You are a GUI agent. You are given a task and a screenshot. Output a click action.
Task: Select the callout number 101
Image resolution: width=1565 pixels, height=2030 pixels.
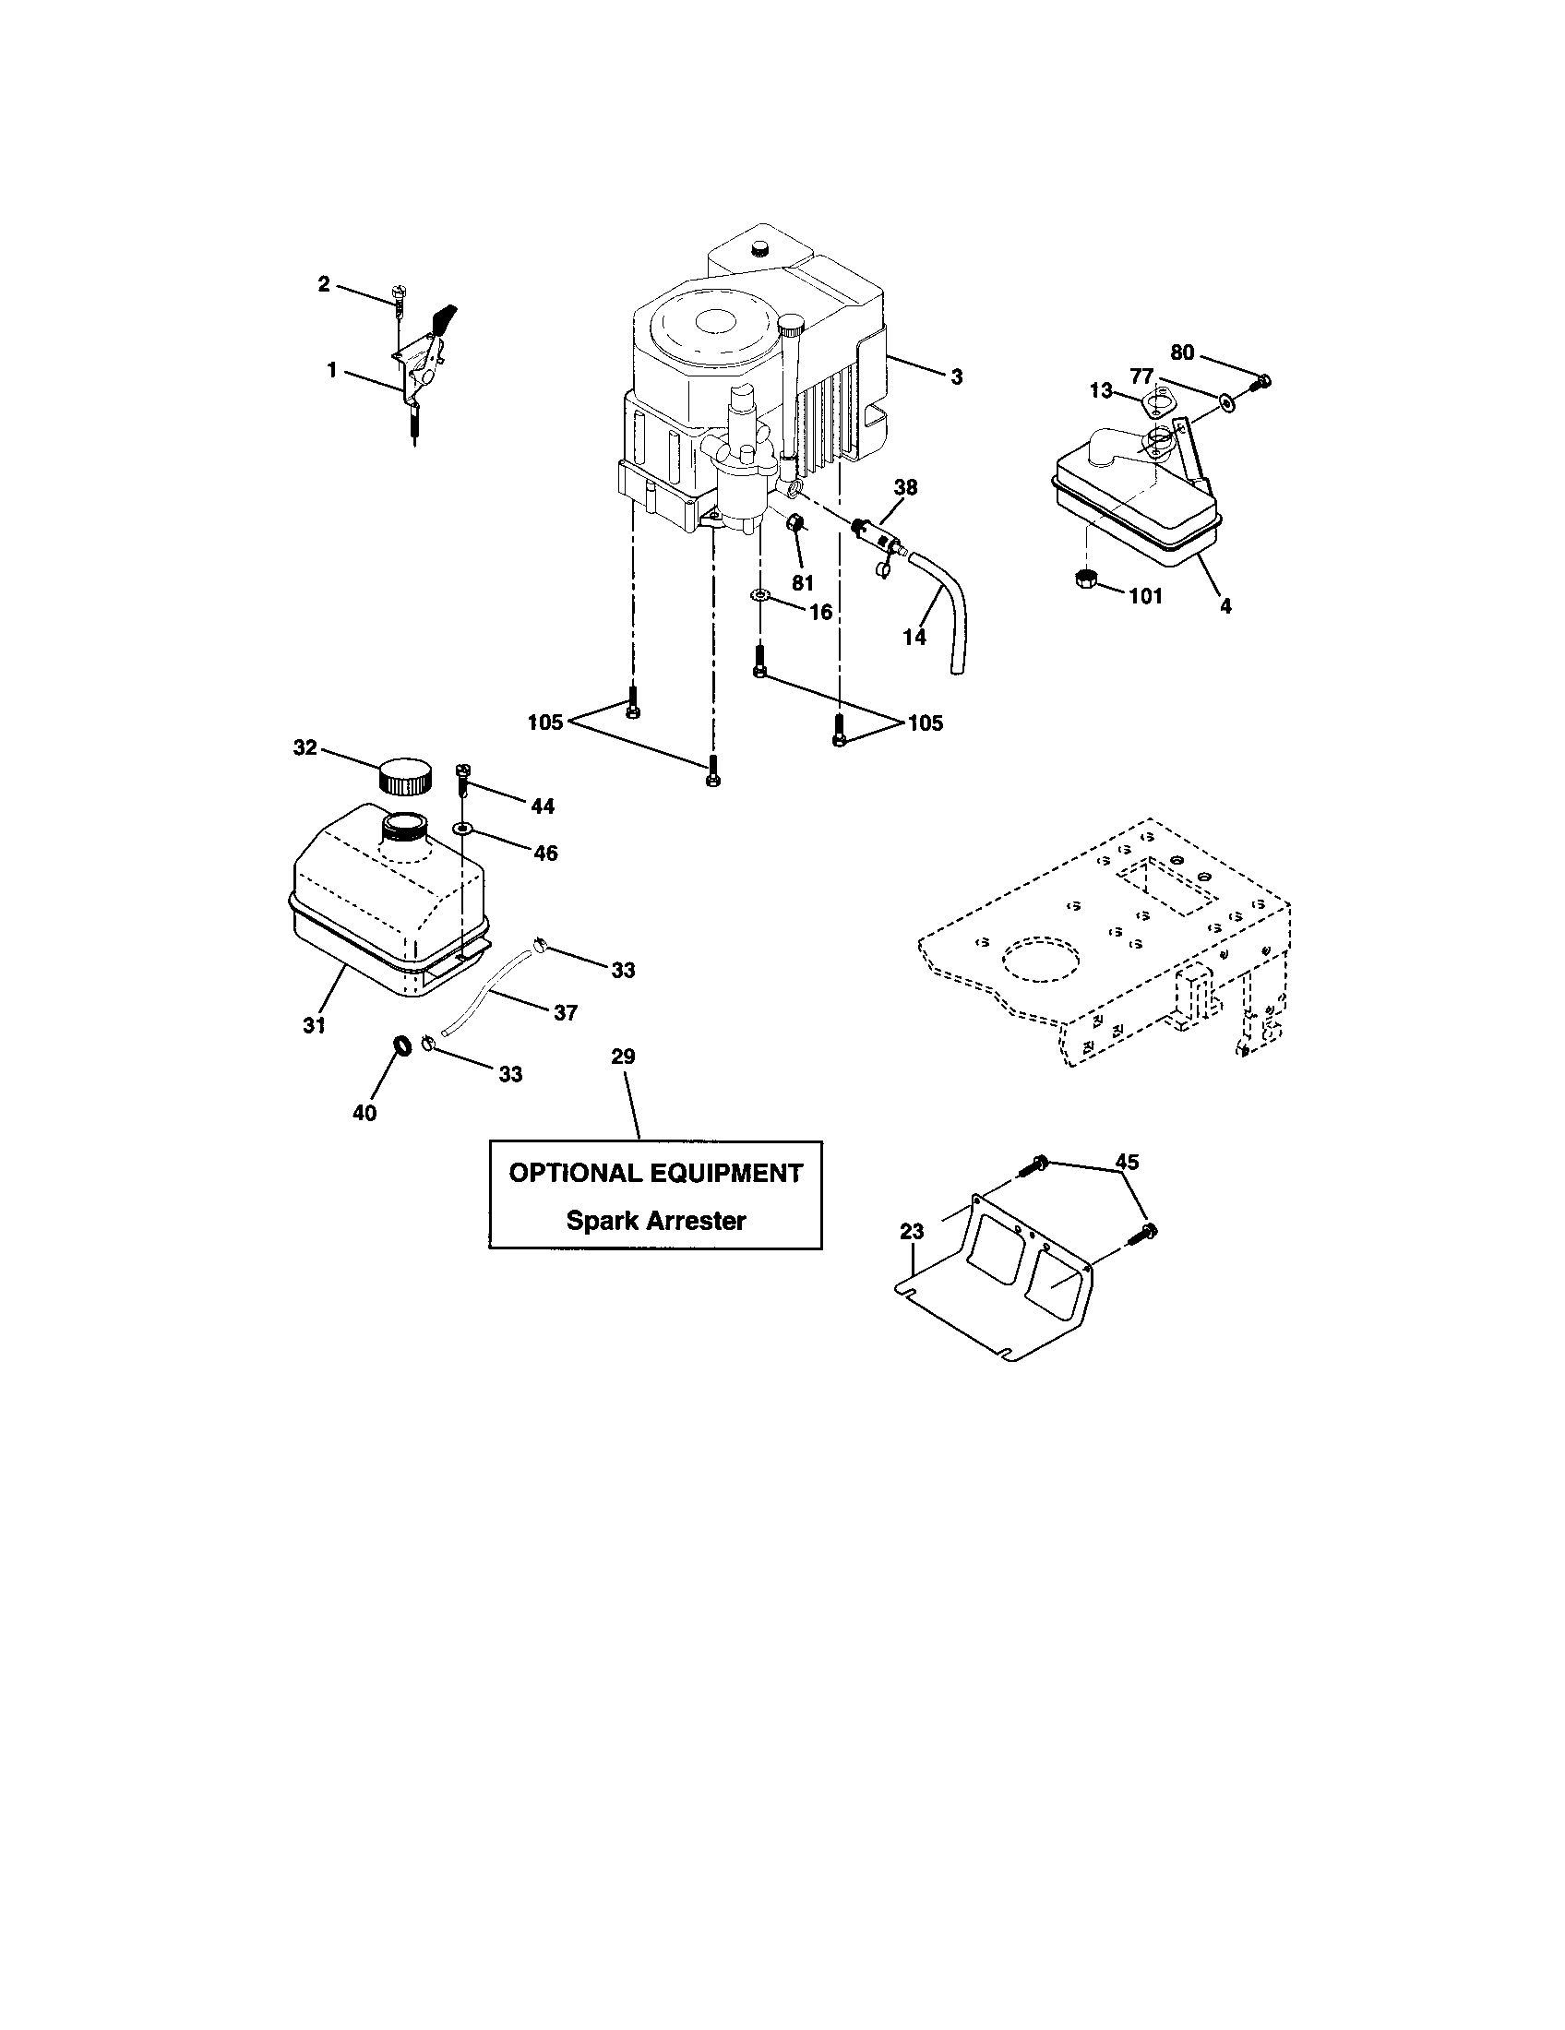pyautogui.click(x=1145, y=596)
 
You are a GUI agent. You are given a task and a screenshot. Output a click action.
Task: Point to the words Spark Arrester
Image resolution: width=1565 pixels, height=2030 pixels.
pyautogui.click(x=656, y=1221)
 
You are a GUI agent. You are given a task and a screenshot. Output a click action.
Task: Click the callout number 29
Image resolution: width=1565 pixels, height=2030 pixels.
pyautogui.click(x=623, y=1056)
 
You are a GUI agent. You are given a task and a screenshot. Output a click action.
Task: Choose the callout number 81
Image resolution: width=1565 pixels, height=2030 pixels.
pyautogui.click(x=803, y=583)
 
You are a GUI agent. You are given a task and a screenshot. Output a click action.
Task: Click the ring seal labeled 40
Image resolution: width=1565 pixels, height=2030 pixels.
pyautogui.click(x=403, y=1046)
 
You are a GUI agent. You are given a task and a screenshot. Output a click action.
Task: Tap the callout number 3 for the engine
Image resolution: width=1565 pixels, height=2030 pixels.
pyautogui.click(x=956, y=376)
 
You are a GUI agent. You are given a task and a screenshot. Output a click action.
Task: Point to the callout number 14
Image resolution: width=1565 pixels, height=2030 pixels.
pyautogui.click(x=914, y=637)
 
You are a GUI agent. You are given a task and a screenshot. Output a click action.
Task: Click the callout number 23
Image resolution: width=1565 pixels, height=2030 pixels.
pyautogui.click(x=912, y=1232)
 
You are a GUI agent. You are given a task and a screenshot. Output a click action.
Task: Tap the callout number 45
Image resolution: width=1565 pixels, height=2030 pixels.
pyautogui.click(x=1127, y=1162)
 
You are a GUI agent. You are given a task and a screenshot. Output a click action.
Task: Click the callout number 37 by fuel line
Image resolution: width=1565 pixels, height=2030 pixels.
pyautogui.click(x=565, y=1012)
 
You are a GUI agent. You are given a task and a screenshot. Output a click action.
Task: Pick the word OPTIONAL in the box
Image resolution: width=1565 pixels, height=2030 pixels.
pyautogui.click(x=569, y=1173)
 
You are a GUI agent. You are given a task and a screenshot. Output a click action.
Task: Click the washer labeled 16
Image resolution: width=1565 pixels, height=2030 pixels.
pyautogui.click(x=760, y=594)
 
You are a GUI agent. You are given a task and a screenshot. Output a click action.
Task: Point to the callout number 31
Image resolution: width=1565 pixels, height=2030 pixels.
pyautogui.click(x=314, y=1024)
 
